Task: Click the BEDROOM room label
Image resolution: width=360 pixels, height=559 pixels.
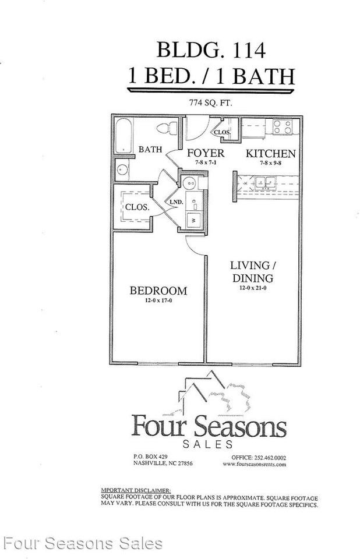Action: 158,291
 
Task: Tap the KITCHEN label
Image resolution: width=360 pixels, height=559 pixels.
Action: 270,154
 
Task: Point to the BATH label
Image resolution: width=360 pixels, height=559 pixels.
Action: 150,150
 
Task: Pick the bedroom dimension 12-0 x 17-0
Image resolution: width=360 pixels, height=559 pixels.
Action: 158,301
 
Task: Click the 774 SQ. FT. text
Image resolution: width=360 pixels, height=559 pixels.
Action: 210,102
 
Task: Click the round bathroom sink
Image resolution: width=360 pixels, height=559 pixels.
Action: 121,171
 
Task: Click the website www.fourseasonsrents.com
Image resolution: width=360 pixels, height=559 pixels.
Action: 254,464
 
